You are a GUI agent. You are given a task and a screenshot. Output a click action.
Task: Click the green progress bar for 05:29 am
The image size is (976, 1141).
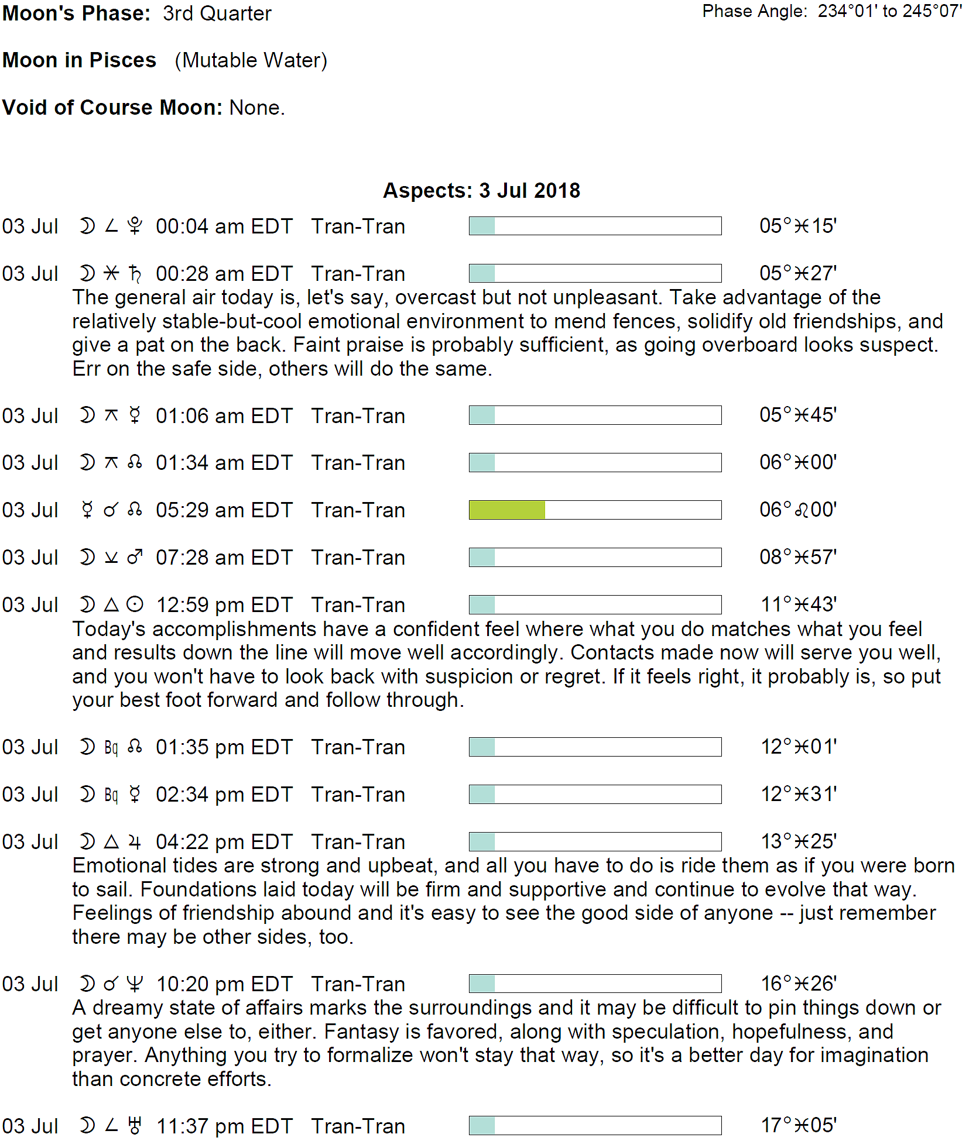point(507,510)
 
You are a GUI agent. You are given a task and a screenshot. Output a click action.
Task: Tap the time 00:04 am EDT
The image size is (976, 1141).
point(224,226)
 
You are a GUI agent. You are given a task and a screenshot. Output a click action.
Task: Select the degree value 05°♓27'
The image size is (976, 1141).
point(798,273)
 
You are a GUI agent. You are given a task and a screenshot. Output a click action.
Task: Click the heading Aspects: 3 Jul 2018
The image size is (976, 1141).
point(481,191)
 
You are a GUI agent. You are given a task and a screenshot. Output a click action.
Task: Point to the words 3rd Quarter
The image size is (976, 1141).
point(217,13)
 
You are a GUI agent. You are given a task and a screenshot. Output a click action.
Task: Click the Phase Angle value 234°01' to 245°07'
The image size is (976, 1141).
point(889,11)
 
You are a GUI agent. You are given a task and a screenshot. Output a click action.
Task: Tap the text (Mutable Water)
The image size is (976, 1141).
point(251,60)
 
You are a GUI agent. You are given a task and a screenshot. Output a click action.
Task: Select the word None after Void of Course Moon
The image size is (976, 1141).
point(256,108)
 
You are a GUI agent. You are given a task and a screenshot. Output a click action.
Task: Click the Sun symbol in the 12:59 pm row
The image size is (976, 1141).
point(135,604)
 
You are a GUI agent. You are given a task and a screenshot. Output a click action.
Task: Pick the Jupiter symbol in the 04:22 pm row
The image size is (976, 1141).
point(135,841)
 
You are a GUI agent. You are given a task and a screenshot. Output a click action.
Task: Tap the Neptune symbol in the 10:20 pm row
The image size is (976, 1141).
point(135,984)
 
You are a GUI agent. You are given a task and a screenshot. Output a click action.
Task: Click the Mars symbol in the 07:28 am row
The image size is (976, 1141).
point(135,557)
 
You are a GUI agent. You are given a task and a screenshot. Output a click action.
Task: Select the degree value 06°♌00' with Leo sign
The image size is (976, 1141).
point(798,510)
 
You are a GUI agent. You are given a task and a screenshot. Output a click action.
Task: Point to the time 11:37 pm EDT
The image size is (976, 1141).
point(224,1126)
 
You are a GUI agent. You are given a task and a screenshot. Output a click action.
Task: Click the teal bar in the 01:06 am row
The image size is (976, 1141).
point(482,415)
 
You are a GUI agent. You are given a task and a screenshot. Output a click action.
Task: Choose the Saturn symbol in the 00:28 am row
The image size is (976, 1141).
point(135,273)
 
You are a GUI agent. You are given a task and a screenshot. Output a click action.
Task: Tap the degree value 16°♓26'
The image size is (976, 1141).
point(798,984)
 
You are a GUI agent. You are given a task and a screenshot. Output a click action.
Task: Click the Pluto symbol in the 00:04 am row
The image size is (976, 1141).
point(135,226)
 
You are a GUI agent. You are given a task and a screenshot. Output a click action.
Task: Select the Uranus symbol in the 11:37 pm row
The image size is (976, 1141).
point(135,1126)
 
